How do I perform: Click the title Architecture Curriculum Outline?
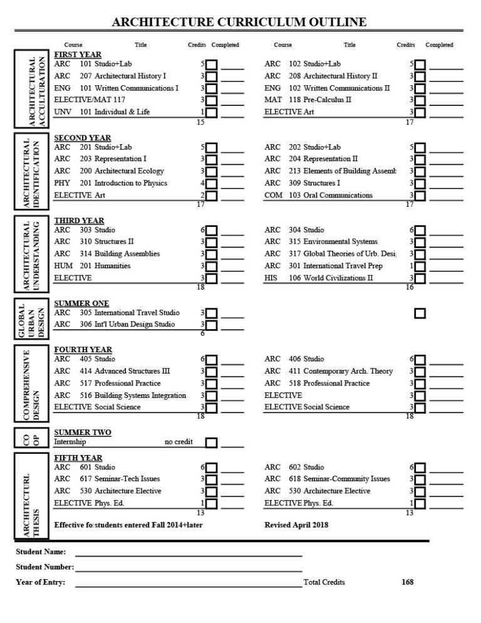point(239,23)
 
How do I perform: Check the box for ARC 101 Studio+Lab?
point(212,65)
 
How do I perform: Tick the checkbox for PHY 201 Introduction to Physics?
point(212,184)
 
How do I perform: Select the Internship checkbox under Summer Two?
point(212,443)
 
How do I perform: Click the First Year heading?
point(78,55)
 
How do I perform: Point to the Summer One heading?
point(81,304)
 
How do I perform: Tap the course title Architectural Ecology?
point(129,171)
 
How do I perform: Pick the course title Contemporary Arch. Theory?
point(348,372)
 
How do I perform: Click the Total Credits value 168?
point(407,582)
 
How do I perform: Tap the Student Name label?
point(41,552)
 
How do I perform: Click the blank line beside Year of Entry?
point(188,584)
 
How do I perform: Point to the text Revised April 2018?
point(296,525)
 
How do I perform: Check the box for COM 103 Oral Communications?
point(420,196)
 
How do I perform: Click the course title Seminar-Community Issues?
point(346,479)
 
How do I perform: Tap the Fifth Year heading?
point(78,458)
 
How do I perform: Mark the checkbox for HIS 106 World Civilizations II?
point(420,279)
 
